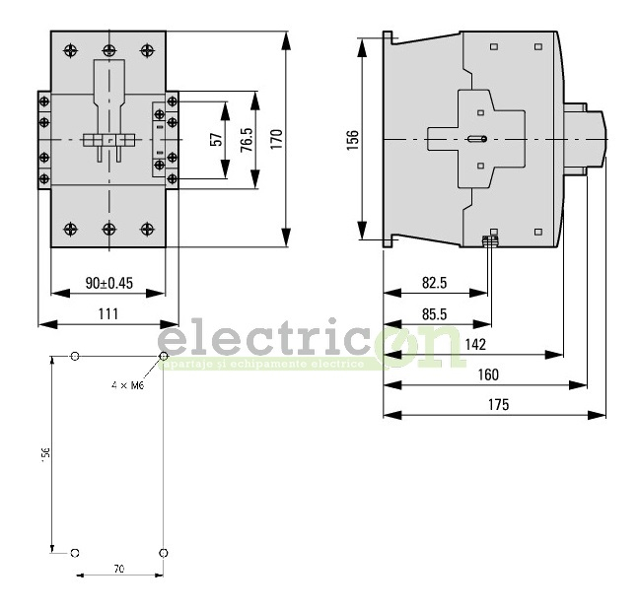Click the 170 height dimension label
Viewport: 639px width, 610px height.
click(x=276, y=139)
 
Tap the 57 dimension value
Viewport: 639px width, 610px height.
click(x=217, y=139)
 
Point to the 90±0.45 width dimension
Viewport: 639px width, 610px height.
click(x=108, y=283)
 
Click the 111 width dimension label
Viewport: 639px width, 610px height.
click(x=108, y=313)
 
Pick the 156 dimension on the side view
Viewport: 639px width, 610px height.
click(x=353, y=139)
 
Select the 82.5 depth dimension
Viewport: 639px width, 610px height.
click(x=434, y=283)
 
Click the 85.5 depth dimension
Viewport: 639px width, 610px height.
click(x=434, y=313)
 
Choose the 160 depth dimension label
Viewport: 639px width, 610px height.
click(x=487, y=374)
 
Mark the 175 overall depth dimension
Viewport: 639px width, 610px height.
click(x=498, y=404)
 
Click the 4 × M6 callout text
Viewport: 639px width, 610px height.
click(x=127, y=385)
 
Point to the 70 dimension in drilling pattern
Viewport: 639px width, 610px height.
click(x=118, y=569)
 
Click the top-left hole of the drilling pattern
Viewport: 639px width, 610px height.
click(x=76, y=356)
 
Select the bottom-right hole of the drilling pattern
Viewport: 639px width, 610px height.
click(x=163, y=552)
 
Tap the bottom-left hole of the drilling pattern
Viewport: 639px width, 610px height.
click(x=76, y=552)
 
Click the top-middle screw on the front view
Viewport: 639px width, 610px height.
click(x=108, y=50)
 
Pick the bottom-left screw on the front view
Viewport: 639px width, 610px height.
click(x=70, y=229)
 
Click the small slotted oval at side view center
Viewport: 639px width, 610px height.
click(x=476, y=139)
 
